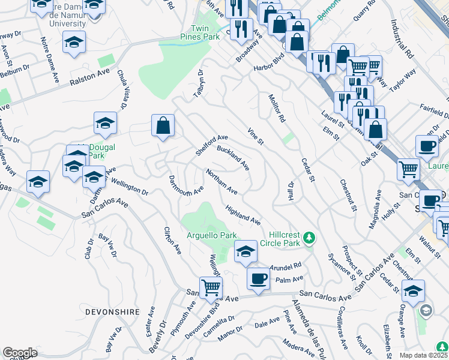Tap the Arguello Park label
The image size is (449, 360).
211,236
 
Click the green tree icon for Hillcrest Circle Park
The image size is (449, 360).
309,238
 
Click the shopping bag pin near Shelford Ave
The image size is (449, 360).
163,126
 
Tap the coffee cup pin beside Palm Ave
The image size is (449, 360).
259,278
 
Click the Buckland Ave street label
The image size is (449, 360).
233,157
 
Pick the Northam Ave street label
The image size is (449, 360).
222,182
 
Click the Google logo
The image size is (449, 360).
20,353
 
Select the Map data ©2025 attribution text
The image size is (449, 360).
424,355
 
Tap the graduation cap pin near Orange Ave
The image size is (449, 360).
413,292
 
